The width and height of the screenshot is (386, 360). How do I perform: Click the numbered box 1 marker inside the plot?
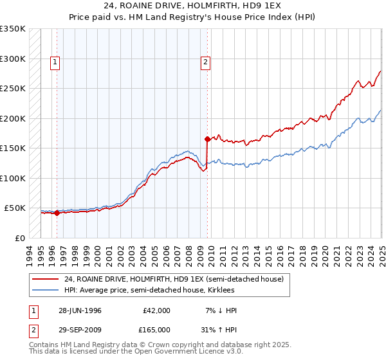[55, 62]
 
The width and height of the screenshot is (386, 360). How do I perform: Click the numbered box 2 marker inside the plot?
[205, 62]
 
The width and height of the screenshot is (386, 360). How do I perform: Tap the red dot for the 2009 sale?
[207, 139]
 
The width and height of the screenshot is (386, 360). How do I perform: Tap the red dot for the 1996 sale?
[57, 213]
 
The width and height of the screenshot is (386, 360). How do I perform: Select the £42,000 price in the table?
[156, 310]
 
